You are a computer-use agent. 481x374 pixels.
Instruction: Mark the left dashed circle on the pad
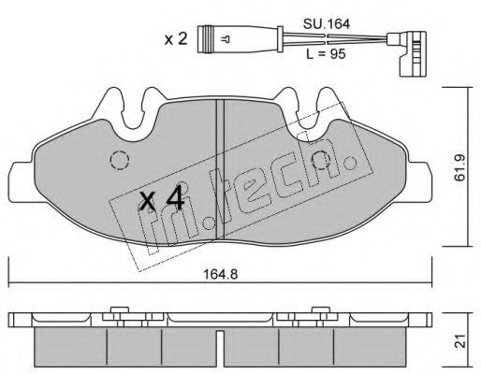[x=120, y=162]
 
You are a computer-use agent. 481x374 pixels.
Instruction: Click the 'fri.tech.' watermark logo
[x=234, y=191]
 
